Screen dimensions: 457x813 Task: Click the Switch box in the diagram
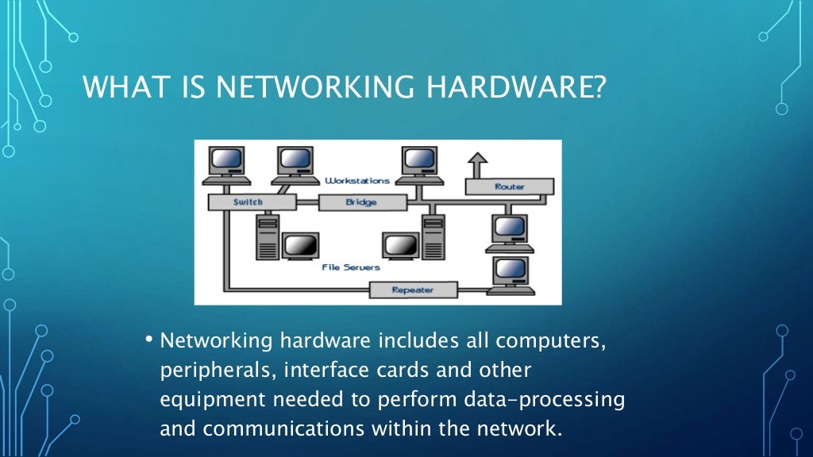click(x=248, y=202)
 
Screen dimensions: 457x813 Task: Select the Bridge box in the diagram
click(x=361, y=202)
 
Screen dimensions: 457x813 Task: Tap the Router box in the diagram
click(x=509, y=187)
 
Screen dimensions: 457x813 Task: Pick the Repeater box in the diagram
click(x=413, y=290)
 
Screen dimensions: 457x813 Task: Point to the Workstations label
click(x=358, y=181)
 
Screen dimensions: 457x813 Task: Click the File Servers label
click(x=351, y=267)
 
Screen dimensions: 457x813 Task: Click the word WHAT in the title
click(x=120, y=87)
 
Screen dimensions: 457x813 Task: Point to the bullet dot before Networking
click(x=148, y=340)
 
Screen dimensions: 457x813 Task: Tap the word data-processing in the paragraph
click(x=541, y=400)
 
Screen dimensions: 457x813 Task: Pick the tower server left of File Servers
click(x=268, y=237)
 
